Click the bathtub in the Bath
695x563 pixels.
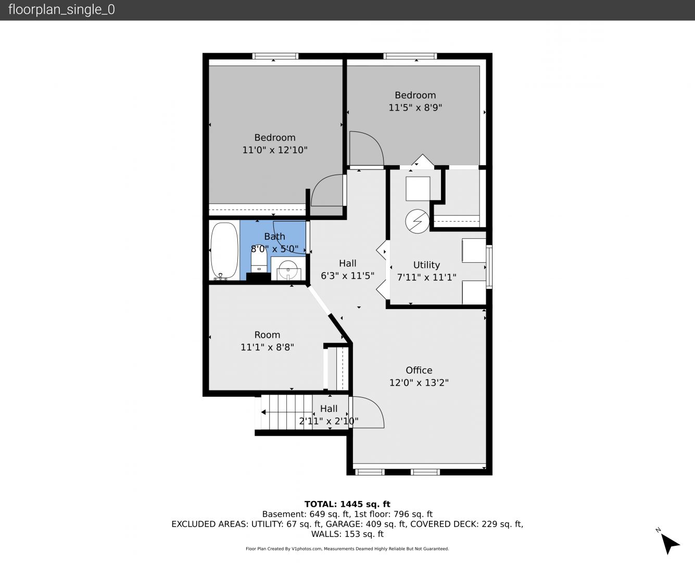224,251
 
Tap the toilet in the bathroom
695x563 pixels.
259,261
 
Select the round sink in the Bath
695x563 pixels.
288,270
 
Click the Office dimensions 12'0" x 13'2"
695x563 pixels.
419,382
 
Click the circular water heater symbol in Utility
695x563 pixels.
418,221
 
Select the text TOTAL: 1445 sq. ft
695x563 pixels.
347,504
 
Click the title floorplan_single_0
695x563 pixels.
61,9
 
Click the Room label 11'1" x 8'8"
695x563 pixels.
267,347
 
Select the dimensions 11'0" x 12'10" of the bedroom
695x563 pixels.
275,150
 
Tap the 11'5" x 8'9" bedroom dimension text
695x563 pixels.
415,107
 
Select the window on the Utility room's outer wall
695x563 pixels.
489,266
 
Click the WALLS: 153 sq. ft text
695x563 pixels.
347,534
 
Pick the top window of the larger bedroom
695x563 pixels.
275,56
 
